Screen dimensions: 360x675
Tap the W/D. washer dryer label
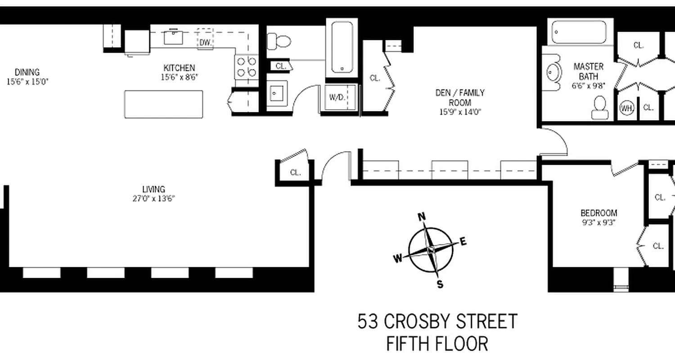[x=337, y=97]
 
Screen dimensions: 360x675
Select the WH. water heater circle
[x=626, y=108]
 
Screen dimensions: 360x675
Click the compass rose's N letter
[x=422, y=217]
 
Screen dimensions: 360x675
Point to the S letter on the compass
[x=441, y=284]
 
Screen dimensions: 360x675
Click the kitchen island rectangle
[x=163, y=104]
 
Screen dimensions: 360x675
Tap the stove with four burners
[x=246, y=67]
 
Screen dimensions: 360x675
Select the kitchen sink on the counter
[x=173, y=37]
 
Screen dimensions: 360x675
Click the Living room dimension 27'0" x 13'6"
[x=153, y=198]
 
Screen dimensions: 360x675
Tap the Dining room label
[x=27, y=72]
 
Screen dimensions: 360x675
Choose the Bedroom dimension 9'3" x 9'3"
[x=598, y=221]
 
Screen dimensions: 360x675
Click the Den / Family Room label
[x=459, y=97]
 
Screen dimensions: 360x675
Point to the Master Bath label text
[x=588, y=71]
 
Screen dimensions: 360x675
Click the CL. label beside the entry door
[x=295, y=172]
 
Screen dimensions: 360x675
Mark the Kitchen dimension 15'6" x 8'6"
[x=179, y=76]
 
